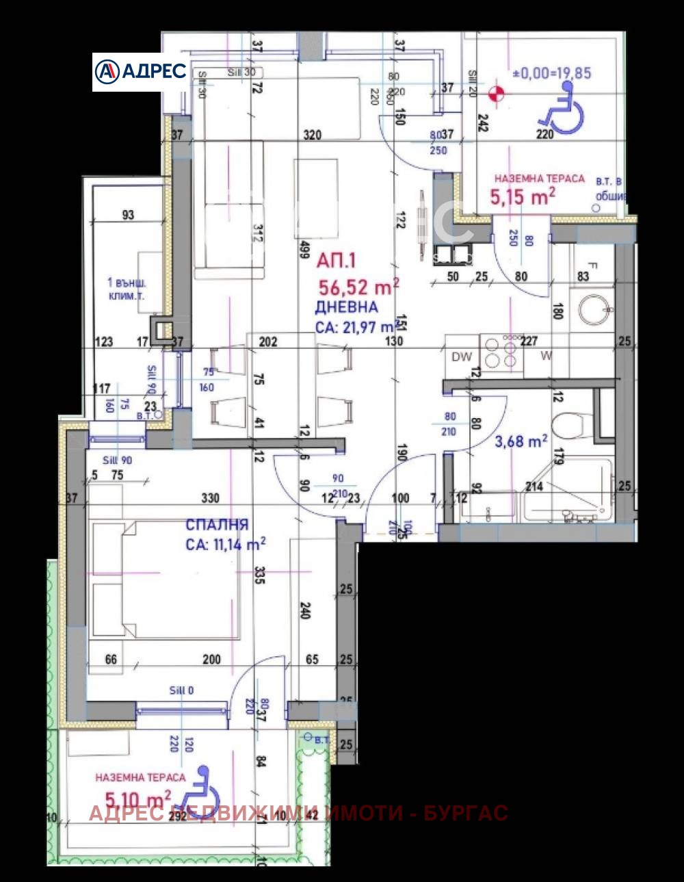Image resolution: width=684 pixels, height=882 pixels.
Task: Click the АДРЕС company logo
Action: (x=140, y=71)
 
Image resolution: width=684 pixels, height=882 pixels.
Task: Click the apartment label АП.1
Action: (x=336, y=260)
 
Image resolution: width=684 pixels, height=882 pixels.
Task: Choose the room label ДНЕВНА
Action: (x=346, y=307)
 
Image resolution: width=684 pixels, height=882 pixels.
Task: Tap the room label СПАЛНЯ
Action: (x=217, y=525)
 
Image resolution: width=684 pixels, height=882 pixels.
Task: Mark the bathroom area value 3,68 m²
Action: (x=521, y=441)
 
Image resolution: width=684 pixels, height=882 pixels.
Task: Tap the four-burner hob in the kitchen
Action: (x=501, y=354)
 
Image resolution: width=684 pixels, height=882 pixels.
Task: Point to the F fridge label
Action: (x=593, y=266)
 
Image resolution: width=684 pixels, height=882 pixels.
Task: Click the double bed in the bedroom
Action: (x=164, y=580)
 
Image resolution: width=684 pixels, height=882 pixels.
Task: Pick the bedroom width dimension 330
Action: (x=210, y=497)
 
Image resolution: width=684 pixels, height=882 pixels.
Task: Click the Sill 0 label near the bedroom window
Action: (x=181, y=690)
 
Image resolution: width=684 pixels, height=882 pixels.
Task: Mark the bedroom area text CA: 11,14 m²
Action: (x=226, y=545)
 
